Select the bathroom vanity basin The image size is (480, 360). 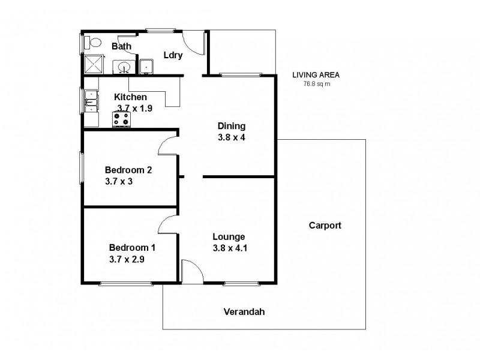coord(124,67)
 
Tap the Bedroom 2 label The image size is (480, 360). coord(128,170)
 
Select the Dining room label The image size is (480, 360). coord(231,126)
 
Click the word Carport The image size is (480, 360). coord(325,226)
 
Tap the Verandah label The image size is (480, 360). coord(244,312)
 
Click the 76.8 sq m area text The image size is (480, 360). coord(316,84)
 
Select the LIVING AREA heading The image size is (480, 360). coord(316,75)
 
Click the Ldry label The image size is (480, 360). coord(173,55)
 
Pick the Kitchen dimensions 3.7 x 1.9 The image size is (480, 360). coord(136,108)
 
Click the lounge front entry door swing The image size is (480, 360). coord(188,269)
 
